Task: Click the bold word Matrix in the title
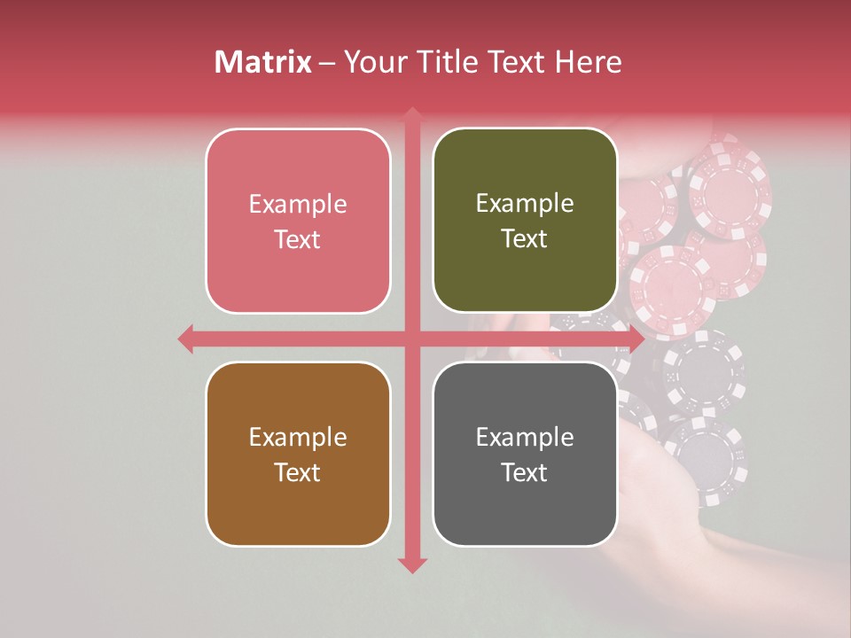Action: tap(263, 62)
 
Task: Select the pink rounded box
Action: tap(298, 221)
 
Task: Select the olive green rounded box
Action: tap(525, 221)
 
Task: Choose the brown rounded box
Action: tap(298, 454)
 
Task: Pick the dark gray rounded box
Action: tap(525, 454)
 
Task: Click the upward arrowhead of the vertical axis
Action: tap(412, 115)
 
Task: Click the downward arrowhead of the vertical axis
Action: tap(412, 564)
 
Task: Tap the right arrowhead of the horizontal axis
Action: tap(636, 338)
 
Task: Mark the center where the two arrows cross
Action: tap(412, 338)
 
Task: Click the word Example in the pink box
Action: tap(298, 204)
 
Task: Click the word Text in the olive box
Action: tap(525, 239)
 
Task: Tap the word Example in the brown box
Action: tap(298, 437)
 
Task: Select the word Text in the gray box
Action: tap(525, 472)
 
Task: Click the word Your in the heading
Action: tap(373, 62)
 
